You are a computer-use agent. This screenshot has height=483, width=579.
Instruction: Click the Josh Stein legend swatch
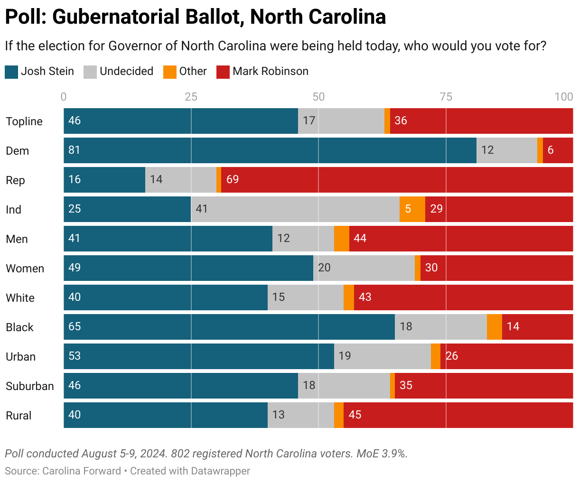pyautogui.click(x=11, y=72)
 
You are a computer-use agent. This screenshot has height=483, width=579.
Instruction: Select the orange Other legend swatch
pyautogui.click(x=170, y=72)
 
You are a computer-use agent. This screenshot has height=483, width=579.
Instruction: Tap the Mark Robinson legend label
pyautogui.click(x=270, y=72)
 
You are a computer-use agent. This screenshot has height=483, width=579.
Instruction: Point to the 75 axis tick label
pyautogui.click(x=446, y=97)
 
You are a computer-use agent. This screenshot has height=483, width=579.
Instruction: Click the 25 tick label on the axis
pyautogui.click(x=191, y=97)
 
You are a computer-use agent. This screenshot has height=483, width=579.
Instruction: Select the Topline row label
pyautogui.click(x=24, y=121)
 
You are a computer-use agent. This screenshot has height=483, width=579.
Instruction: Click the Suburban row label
pyautogui.click(x=30, y=386)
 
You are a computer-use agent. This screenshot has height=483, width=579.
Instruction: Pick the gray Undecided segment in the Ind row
pyautogui.click(x=295, y=209)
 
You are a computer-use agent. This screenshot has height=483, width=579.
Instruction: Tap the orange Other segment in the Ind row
pyautogui.click(x=412, y=209)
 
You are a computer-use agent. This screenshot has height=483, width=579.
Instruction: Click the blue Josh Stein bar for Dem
pyautogui.click(x=270, y=150)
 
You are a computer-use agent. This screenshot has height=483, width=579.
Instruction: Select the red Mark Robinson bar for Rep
pyautogui.click(x=397, y=180)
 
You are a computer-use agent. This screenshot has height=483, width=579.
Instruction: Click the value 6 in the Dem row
pyautogui.click(x=551, y=150)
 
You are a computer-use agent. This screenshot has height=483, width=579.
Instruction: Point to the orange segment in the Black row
pyautogui.click(x=494, y=327)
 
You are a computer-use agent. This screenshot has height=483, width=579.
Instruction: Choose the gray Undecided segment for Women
pyautogui.click(x=364, y=268)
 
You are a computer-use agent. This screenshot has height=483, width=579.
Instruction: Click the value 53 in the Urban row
pyautogui.click(x=75, y=356)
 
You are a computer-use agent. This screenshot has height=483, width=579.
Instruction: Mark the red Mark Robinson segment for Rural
pyautogui.click(x=458, y=415)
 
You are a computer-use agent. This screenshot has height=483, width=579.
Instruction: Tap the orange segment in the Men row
pyautogui.click(x=341, y=239)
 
